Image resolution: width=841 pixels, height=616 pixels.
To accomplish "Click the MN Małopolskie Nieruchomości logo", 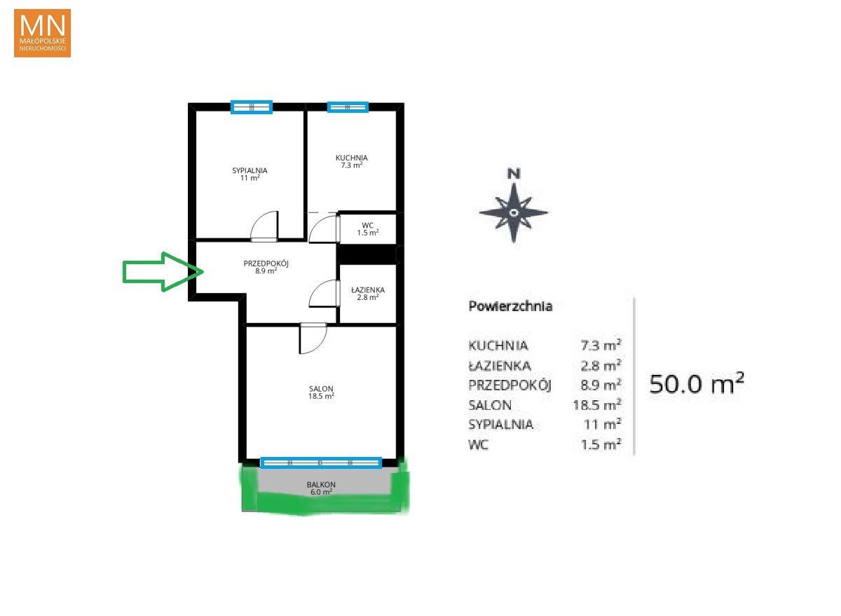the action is [x=43, y=33].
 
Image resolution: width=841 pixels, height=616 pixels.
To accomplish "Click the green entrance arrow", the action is [x=163, y=272].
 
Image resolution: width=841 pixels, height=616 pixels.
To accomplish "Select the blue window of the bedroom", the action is [x=252, y=107].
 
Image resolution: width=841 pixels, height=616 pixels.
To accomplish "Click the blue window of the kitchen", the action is [x=348, y=107].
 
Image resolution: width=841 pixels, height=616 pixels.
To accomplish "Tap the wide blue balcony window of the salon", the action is [x=321, y=463].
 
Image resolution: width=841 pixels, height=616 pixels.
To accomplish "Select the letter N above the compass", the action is [x=514, y=174].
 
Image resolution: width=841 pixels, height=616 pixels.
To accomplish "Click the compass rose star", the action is [x=514, y=213].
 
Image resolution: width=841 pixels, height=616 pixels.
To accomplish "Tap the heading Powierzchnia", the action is [x=510, y=306].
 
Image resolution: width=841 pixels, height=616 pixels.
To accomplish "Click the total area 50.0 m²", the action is [x=697, y=384].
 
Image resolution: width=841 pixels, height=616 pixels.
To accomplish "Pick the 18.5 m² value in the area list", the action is [x=597, y=404].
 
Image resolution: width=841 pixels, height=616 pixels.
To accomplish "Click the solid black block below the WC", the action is [x=368, y=254].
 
